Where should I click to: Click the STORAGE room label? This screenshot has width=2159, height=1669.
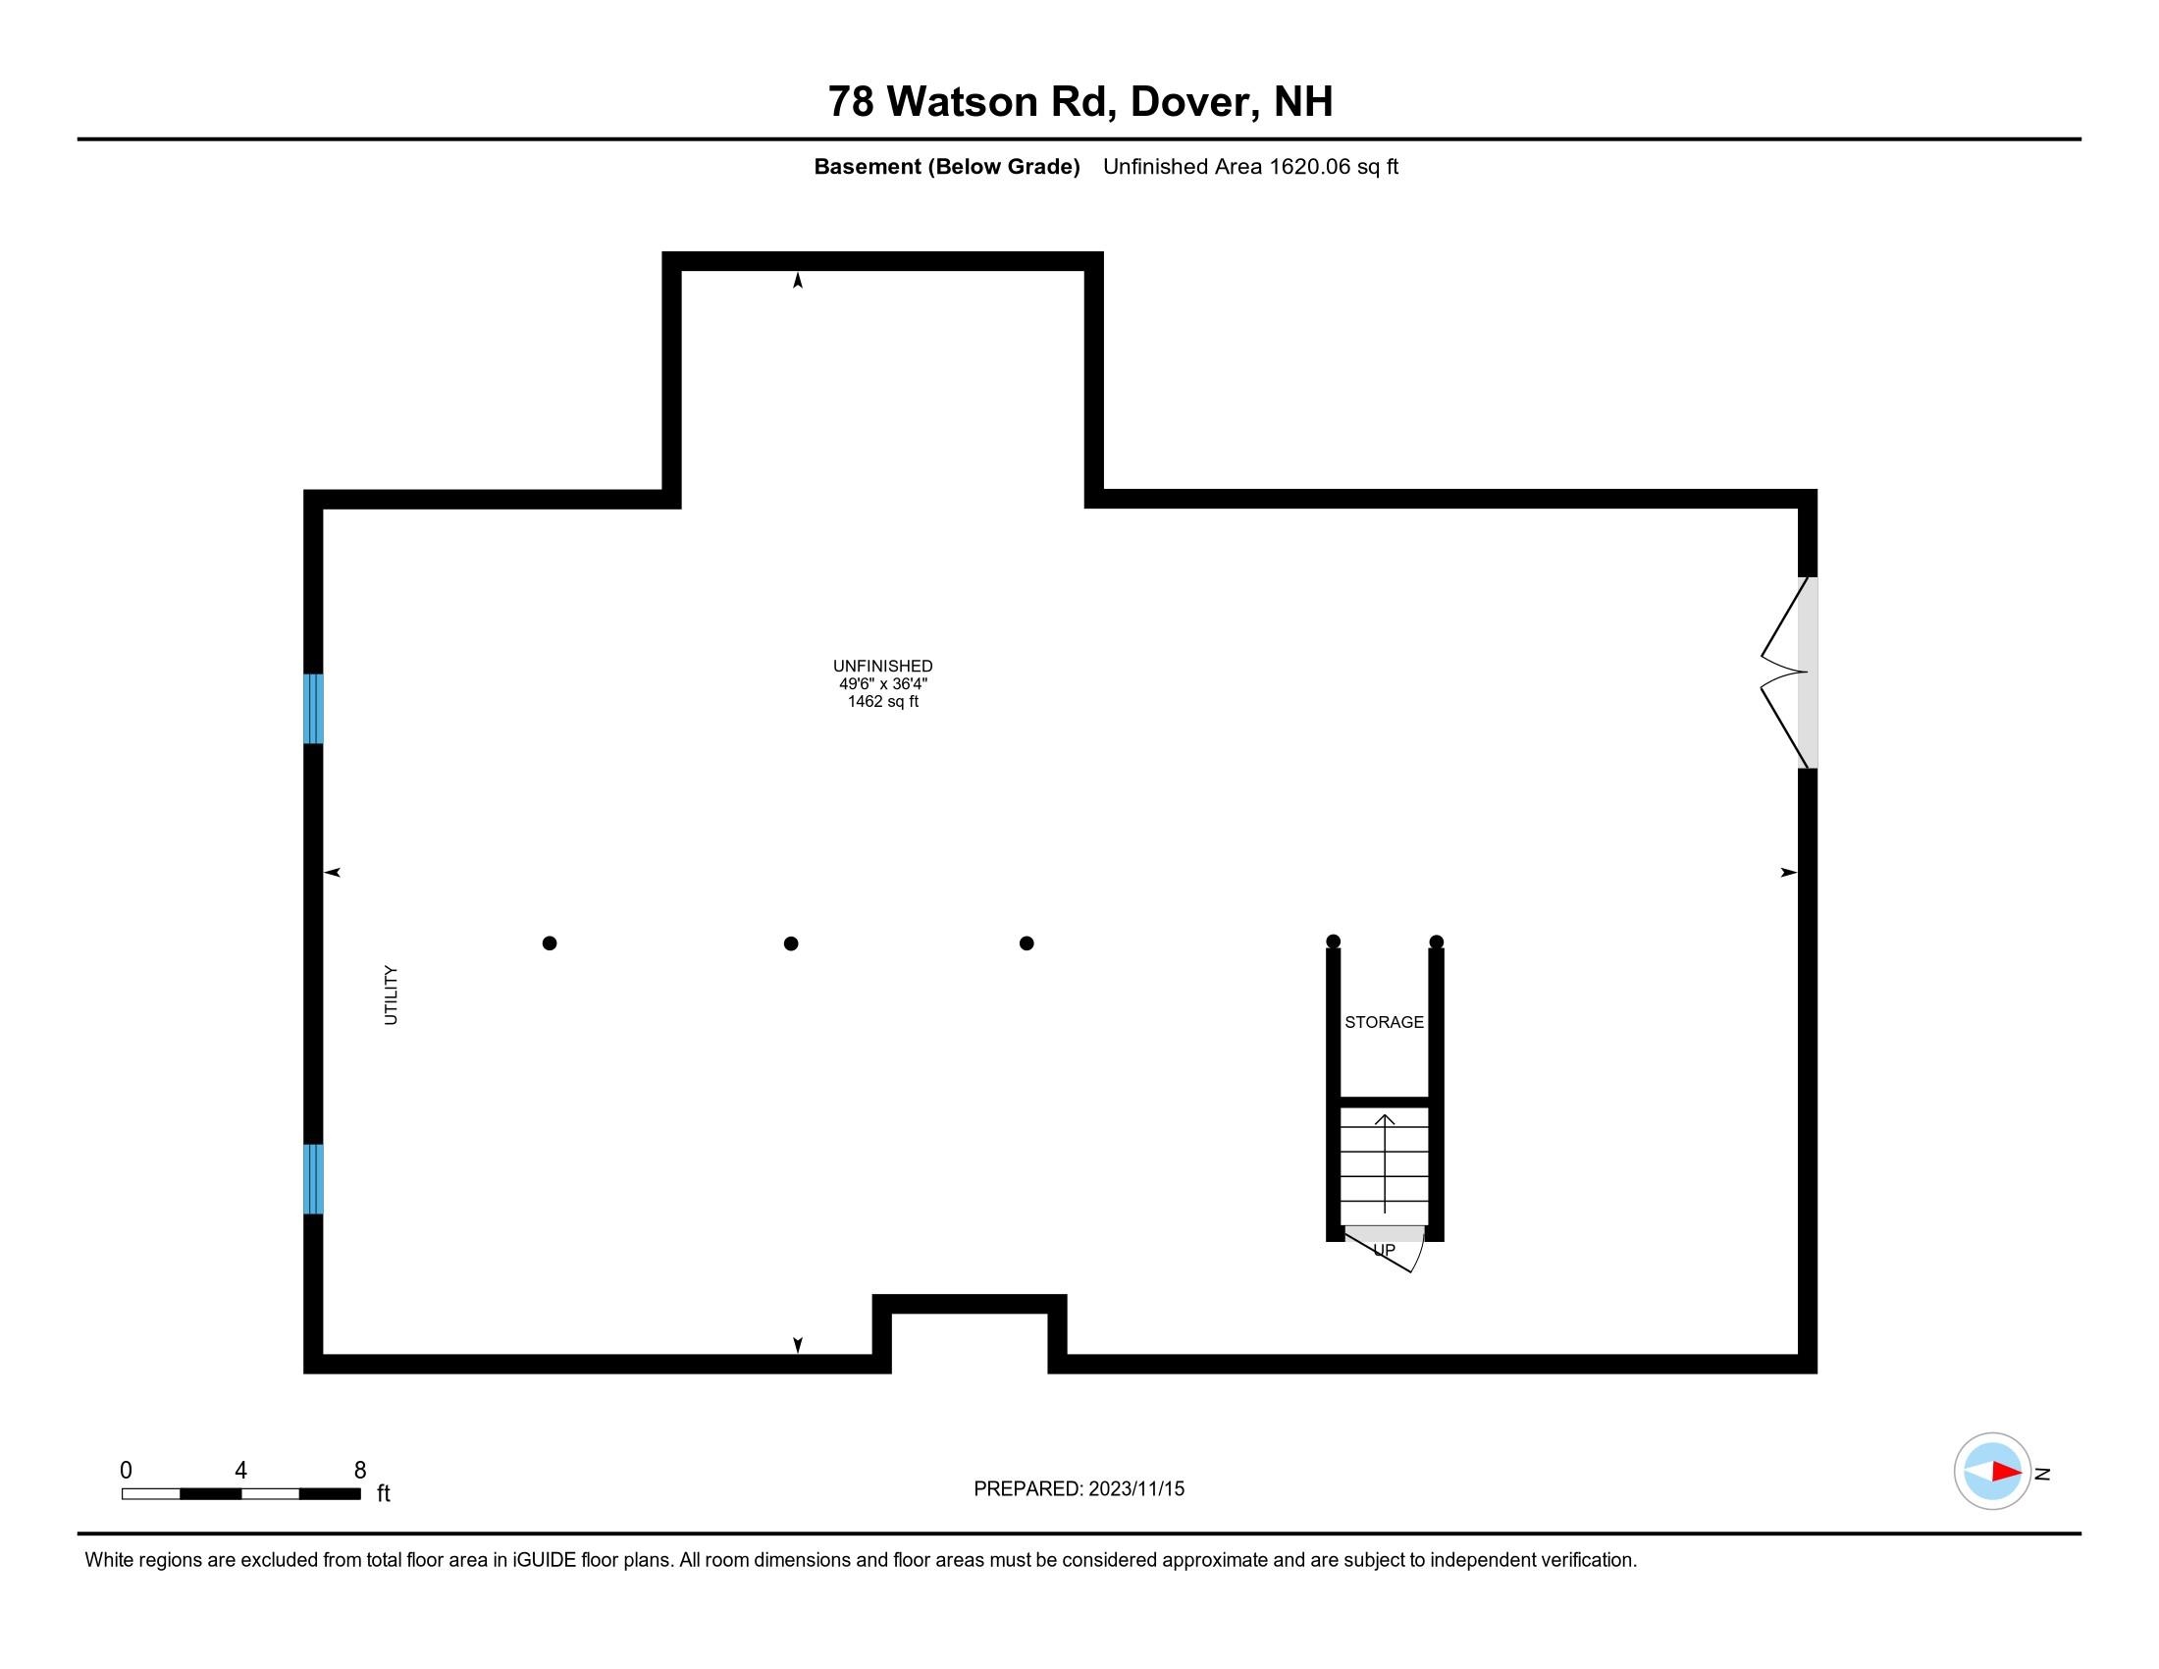click(1383, 1022)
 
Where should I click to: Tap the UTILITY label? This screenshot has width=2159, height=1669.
click(391, 995)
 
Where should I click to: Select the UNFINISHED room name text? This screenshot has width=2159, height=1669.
click(882, 667)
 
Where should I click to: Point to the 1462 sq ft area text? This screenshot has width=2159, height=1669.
click(882, 702)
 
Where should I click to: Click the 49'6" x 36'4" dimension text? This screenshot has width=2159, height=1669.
click(882, 684)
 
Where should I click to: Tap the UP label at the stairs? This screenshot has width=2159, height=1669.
click(1384, 1251)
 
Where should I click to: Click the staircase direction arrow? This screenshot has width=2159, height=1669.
click(1385, 1162)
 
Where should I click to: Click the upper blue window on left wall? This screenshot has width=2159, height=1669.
click(313, 708)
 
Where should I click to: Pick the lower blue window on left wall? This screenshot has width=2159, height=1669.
click(313, 1178)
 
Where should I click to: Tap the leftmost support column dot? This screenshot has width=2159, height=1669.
click(550, 943)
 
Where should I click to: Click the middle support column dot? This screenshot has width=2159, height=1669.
click(791, 943)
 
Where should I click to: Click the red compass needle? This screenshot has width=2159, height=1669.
click(2006, 1472)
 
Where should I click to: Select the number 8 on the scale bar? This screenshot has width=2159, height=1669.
click(360, 1471)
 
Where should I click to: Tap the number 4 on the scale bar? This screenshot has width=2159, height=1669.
click(240, 1471)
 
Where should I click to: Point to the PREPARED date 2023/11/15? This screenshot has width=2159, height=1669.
click(1135, 1489)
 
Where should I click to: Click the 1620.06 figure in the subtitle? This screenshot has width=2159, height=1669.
click(1309, 167)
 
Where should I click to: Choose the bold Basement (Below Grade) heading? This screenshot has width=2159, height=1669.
click(946, 167)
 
